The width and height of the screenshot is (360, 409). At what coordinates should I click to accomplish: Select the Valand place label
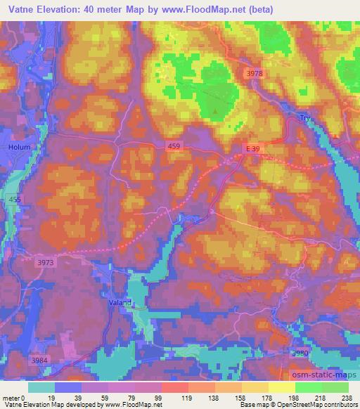point(120,303)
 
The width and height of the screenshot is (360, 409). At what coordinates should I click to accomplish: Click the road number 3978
point(256,74)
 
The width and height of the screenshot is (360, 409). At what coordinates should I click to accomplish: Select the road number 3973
point(44,261)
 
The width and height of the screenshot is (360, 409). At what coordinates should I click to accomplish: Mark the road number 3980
point(300,353)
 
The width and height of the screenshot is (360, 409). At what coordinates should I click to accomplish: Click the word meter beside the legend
point(10,398)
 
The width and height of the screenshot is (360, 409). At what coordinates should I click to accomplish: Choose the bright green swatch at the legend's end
point(335,387)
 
